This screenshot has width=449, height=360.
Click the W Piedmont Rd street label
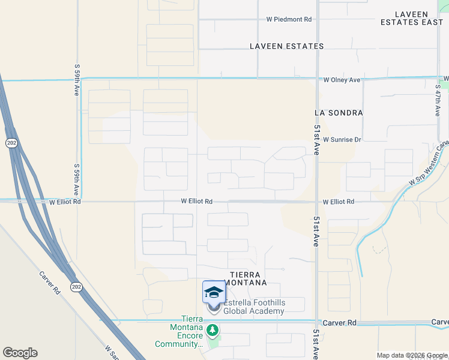[x=289, y=19]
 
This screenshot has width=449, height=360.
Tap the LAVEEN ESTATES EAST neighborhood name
[x=411, y=18]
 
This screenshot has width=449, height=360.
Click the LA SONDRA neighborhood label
[x=339, y=112]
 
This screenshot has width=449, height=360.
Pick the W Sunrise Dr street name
[x=342, y=139]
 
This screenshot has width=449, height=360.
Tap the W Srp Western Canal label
[x=427, y=164]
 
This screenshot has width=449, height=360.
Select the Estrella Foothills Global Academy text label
[x=254, y=307]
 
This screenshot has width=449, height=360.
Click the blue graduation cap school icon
[x=214, y=292]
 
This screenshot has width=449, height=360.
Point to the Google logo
[x=20, y=353]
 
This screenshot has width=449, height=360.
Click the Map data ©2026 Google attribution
[x=411, y=355]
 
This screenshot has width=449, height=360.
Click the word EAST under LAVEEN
[x=429, y=22]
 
